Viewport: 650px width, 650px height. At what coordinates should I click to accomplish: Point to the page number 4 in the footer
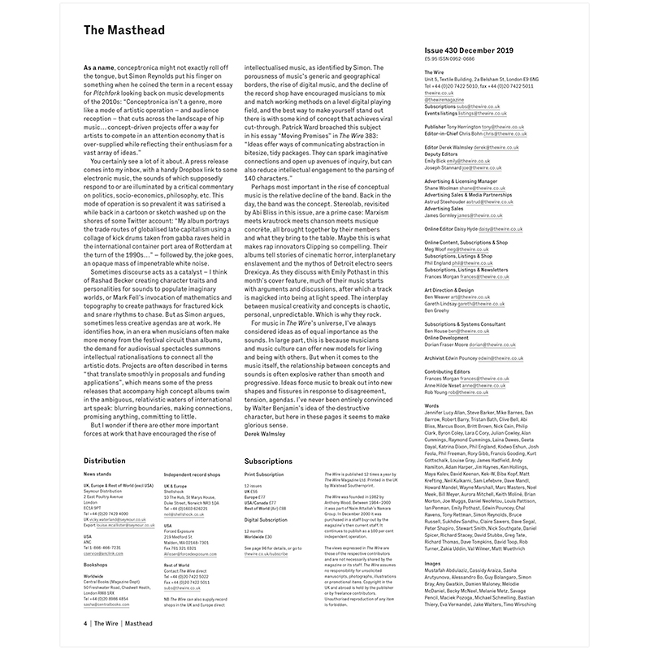pyautogui.click(x=84, y=623)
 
